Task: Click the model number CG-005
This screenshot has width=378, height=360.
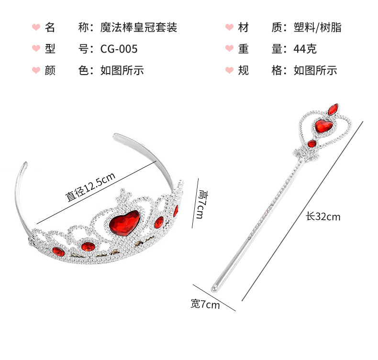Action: pos(119,49)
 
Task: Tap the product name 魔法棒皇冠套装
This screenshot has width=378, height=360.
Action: pos(139,27)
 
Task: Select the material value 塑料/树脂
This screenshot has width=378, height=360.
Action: pos(318,27)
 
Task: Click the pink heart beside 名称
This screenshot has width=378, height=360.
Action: pos(36,27)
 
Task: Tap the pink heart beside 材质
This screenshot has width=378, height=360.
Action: pos(229,27)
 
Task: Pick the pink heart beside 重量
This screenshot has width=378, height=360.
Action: pos(229,49)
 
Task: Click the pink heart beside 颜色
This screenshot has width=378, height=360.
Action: pos(36,71)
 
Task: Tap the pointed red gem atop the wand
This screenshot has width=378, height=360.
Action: pos(332,109)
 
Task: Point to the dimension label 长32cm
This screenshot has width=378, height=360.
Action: pos(323,217)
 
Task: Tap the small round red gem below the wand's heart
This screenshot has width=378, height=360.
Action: pos(312,144)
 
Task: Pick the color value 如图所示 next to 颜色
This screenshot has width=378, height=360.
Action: pos(122,71)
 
